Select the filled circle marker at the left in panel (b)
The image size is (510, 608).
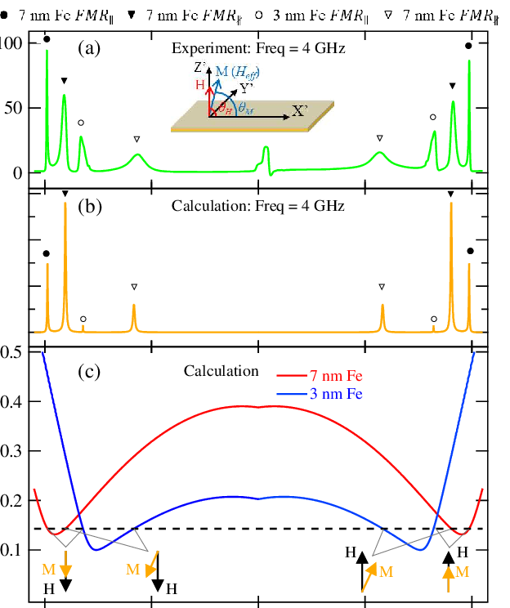point(47,253)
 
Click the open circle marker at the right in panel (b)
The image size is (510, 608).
point(433,318)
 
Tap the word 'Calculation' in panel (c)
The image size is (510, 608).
point(221,371)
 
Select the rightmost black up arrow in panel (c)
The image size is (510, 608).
point(448,558)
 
